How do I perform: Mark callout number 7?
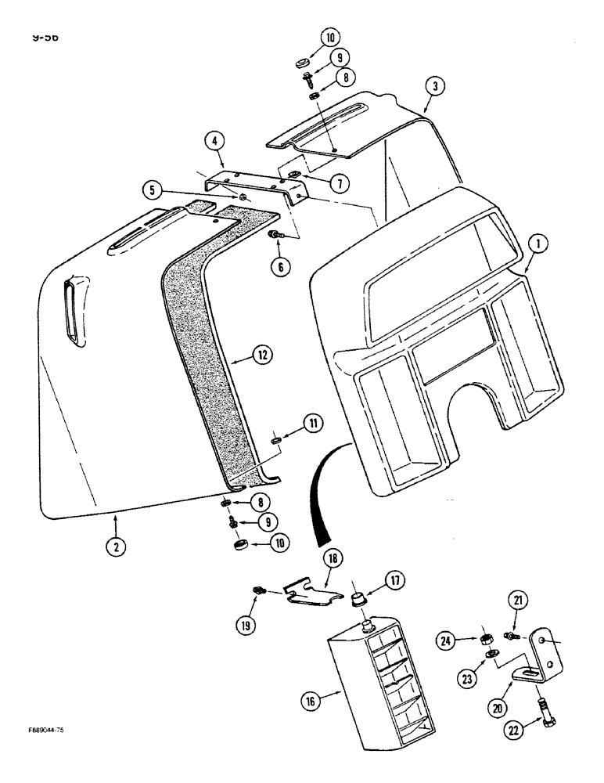click(x=339, y=183)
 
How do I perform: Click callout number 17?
click(x=393, y=582)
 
